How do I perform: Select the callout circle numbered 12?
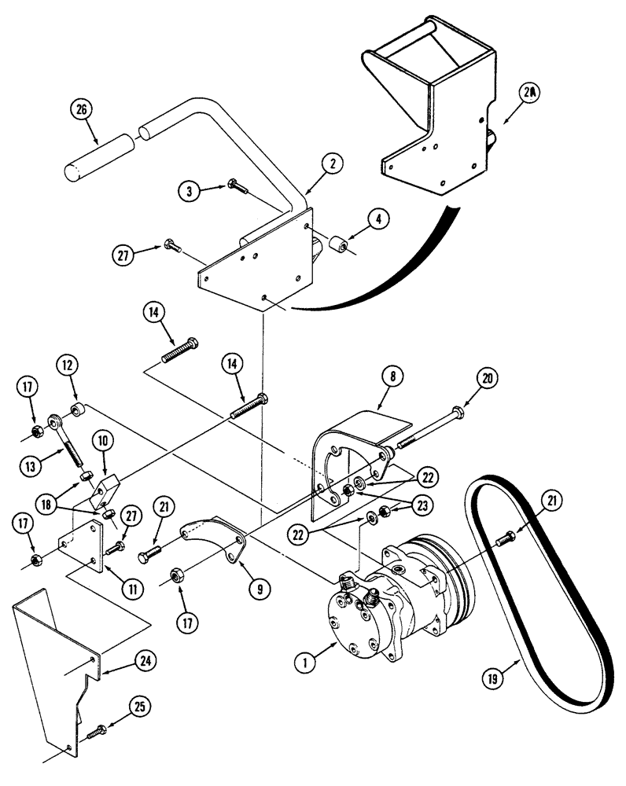[x=67, y=366]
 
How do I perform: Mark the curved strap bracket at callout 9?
[x=208, y=538]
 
